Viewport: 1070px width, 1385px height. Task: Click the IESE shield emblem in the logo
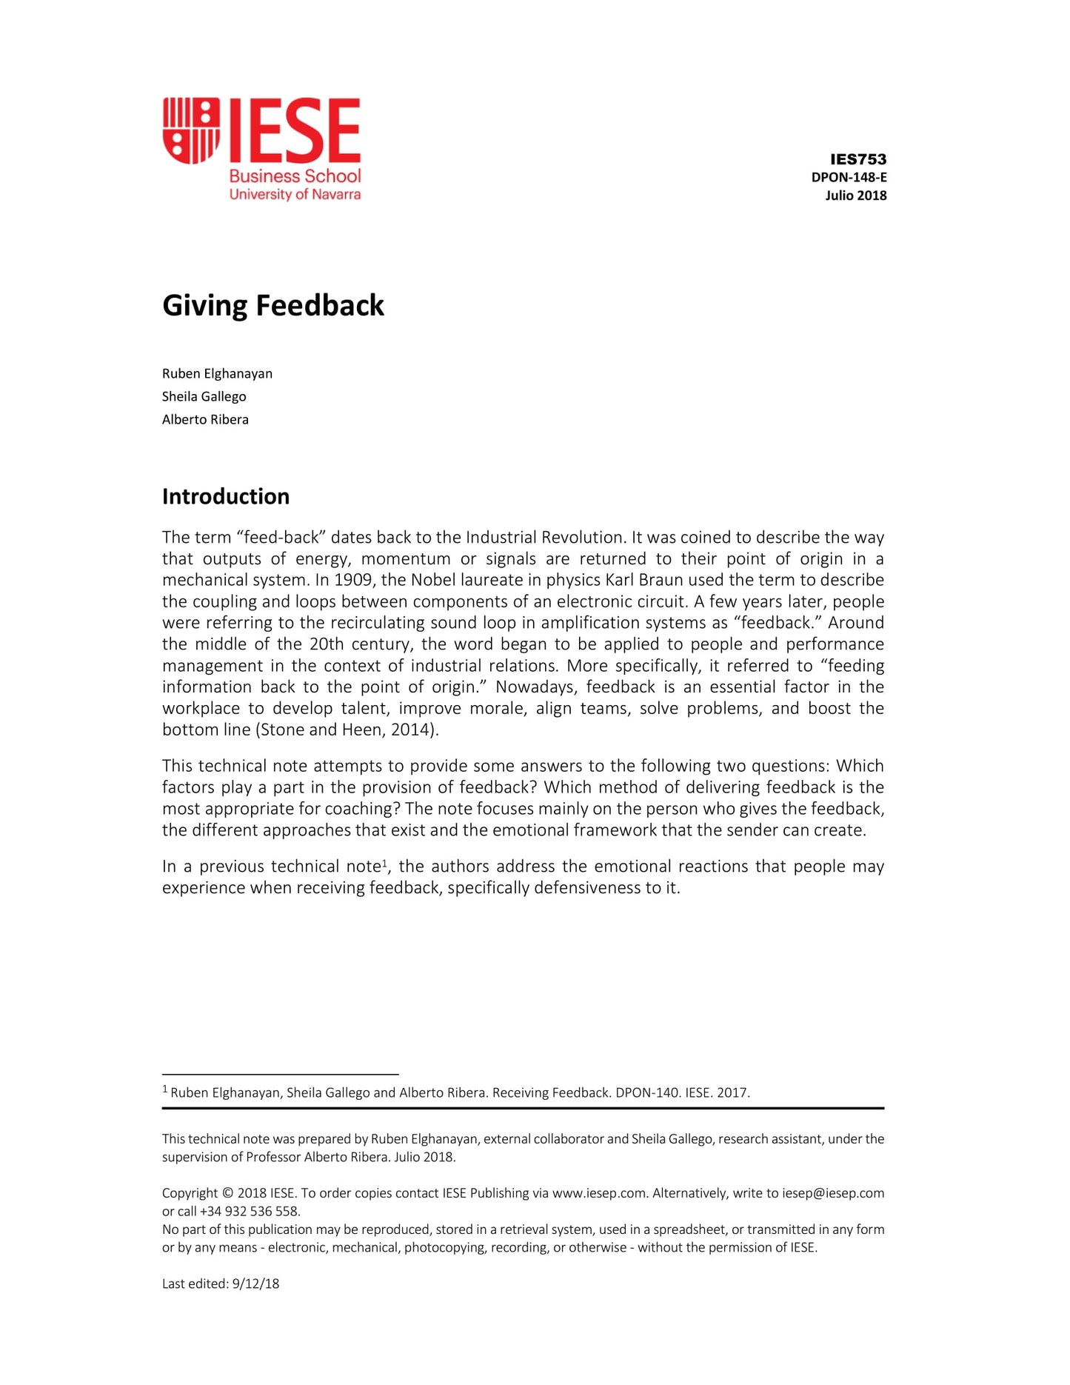pos(191,130)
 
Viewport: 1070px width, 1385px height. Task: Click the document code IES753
pos(857,159)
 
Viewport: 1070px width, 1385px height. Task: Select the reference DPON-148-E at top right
pos(849,178)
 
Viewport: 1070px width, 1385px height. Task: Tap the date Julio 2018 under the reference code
pos(855,196)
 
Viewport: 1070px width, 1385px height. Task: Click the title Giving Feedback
pos(273,306)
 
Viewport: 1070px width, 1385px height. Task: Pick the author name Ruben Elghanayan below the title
pos(217,373)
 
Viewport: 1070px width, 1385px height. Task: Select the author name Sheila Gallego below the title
pos(204,396)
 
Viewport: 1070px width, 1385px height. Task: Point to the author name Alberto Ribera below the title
pos(205,419)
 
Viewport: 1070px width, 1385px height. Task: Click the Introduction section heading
pos(226,496)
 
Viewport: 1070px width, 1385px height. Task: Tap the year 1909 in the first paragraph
pos(353,580)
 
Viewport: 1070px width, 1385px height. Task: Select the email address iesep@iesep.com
pos(833,1193)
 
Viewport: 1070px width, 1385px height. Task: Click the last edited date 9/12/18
pos(255,1284)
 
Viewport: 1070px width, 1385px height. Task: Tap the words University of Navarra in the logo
pos(295,195)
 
